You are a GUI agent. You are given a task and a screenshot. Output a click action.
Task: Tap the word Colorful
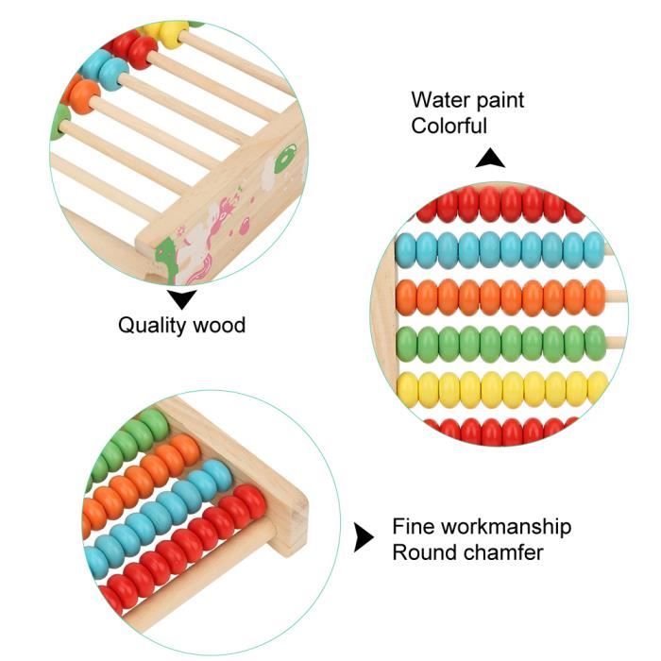pos(449,126)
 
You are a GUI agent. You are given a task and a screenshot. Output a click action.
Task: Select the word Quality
pos(152,326)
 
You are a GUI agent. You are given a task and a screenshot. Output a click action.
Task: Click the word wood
pos(218,326)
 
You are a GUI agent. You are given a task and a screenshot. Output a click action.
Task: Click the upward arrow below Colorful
pos(489,160)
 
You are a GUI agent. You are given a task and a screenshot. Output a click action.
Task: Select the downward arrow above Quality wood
pos(182,300)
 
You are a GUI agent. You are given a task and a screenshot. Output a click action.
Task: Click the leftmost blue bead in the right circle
pos(406,250)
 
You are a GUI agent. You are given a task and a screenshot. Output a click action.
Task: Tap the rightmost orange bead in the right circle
pos(595,297)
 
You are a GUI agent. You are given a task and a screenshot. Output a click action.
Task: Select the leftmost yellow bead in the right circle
pos(407,389)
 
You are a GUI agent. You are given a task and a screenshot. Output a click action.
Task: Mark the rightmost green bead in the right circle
pos(595,343)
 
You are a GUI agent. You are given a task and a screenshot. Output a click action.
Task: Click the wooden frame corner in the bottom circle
pos(289,515)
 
